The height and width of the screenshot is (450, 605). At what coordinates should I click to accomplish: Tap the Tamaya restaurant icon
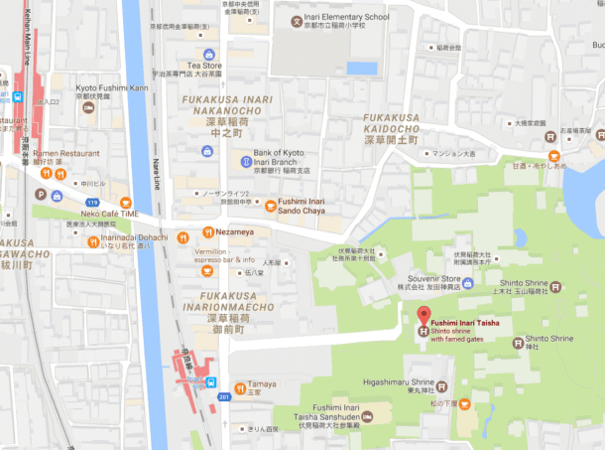[239, 386]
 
